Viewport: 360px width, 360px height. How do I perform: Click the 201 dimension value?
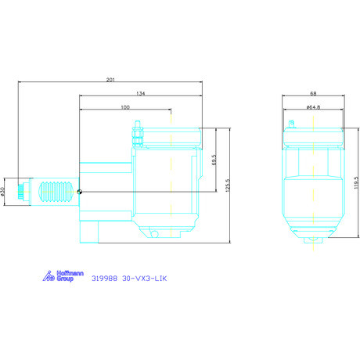pyautogui.click(x=110, y=80)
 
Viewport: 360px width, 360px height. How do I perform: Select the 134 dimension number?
pyautogui.click(x=141, y=93)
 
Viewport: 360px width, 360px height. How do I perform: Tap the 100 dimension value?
pyautogui.click(x=125, y=107)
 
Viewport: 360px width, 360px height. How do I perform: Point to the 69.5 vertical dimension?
pyautogui.click(x=214, y=160)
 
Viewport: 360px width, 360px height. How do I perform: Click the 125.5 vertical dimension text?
pyautogui.click(x=228, y=185)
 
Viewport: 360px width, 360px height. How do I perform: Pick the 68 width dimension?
pyautogui.click(x=313, y=93)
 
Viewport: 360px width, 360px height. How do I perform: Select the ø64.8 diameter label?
pyautogui.click(x=313, y=107)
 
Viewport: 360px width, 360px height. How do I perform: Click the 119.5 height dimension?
pyautogui.click(x=356, y=182)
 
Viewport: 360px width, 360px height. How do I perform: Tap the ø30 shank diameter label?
pyautogui.click(x=3, y=192)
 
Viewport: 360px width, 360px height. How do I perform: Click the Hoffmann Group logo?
pyautogui.click(x=63, y=276)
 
